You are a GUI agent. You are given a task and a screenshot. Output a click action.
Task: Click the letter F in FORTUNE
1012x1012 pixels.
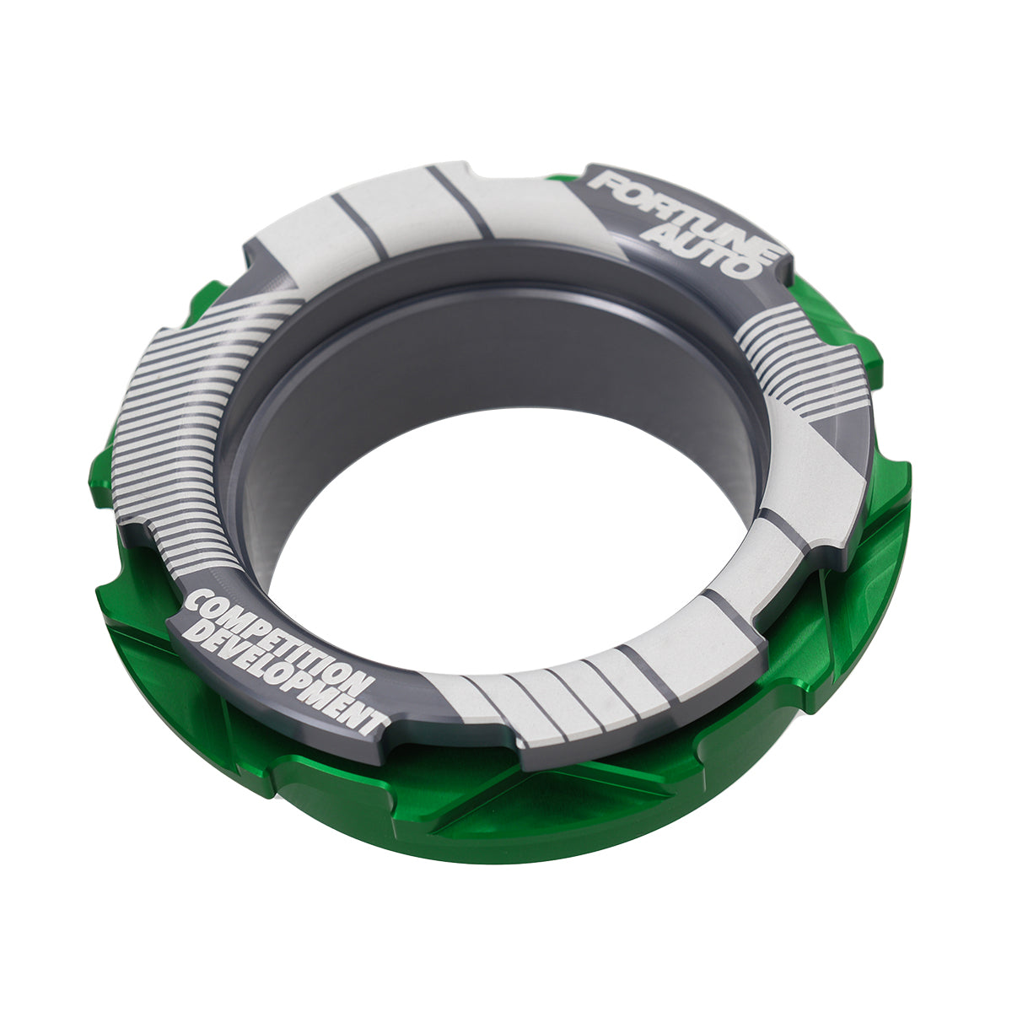pyautogui.click(x=604, y=181)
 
